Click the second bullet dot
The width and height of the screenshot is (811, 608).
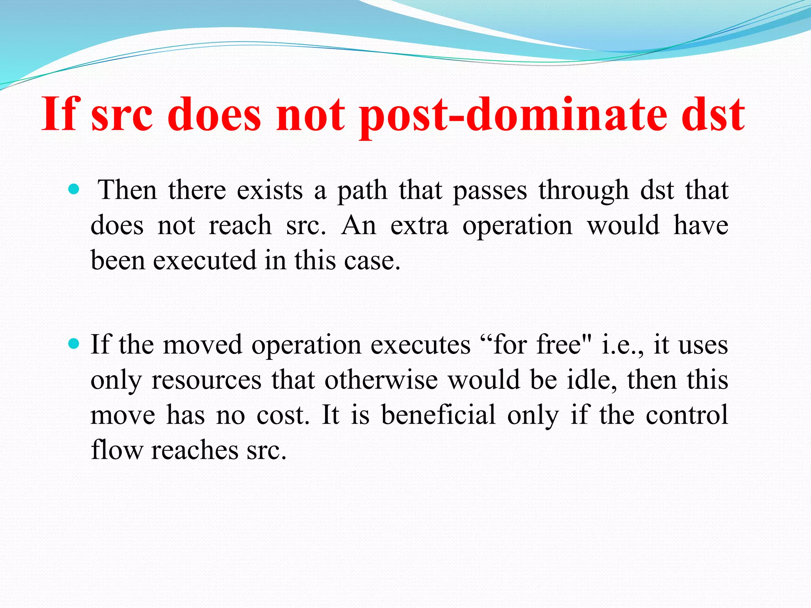[x=74, y=343]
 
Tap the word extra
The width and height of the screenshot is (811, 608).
[x=419, y=226]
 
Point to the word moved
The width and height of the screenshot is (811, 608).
[x=202, y=344]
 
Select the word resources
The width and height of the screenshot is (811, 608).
[x=206, y=380]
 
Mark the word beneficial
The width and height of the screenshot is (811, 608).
[x=438, y=414]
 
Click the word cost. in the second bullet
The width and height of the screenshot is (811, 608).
[x=283, y=415]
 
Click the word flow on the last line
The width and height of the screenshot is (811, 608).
[x=116, y=450]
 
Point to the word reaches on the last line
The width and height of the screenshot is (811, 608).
[x=194, y=450]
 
